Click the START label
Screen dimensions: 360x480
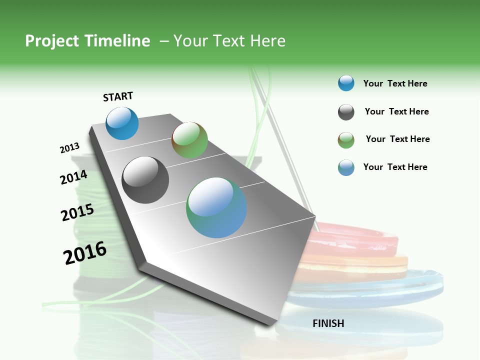118,96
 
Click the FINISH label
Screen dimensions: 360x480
328,323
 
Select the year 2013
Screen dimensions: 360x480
70,148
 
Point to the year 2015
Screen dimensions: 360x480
77,212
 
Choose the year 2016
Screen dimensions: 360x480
85,253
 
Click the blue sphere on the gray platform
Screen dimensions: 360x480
122,123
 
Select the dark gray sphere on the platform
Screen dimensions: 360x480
145,180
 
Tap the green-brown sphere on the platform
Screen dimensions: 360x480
189,140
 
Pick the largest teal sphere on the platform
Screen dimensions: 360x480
216,207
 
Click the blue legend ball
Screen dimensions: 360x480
346,83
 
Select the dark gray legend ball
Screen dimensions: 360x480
346,112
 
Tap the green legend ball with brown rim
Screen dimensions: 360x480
346,140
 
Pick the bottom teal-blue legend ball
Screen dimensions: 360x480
346,167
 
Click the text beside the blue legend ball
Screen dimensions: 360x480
395,83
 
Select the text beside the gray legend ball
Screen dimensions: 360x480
396,111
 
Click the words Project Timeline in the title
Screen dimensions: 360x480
87,41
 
